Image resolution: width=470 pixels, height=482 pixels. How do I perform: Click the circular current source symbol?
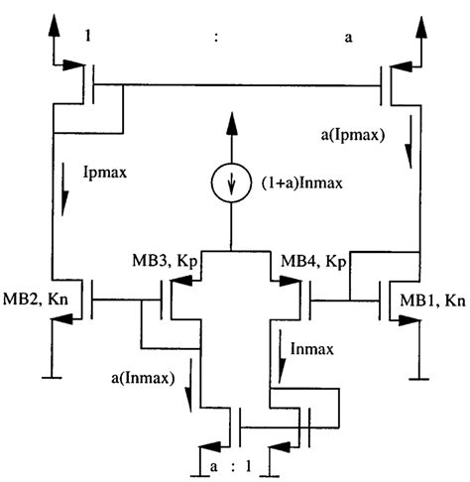point(229,184)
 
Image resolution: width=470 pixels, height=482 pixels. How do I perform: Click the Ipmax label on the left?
point(105,172)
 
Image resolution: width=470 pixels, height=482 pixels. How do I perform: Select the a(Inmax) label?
point(146,378)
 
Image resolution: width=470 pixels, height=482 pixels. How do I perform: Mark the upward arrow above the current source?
point(229,126)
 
